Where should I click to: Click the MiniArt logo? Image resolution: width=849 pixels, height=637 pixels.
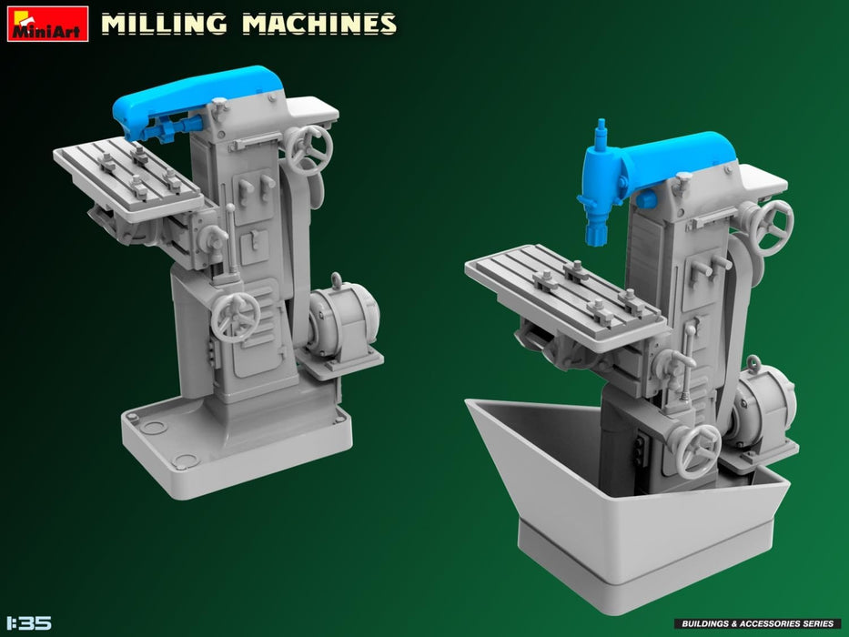[47, 24]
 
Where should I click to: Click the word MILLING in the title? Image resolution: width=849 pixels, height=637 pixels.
[164, 24]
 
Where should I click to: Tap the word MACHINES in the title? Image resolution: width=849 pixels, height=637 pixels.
[318, 24]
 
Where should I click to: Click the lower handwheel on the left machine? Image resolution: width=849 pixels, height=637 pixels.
[236, 318]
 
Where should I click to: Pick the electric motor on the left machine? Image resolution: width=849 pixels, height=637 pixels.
[343, 318]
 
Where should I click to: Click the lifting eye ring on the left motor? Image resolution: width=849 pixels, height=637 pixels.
[338, 279]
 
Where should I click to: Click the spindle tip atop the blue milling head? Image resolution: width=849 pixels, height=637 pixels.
[600, 126]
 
